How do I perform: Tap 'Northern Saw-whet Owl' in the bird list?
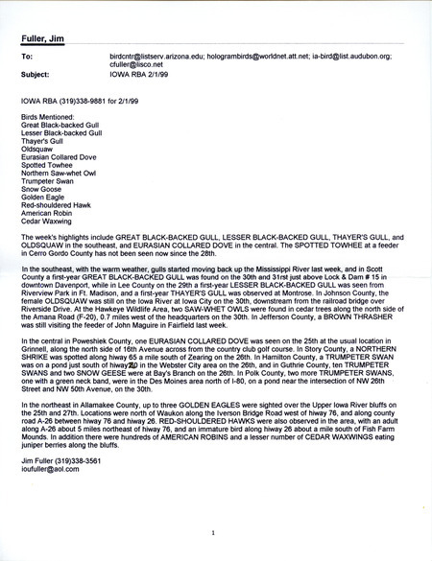click(x=60, y=173)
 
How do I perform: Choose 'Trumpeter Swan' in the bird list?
click(x=47, y=181)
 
